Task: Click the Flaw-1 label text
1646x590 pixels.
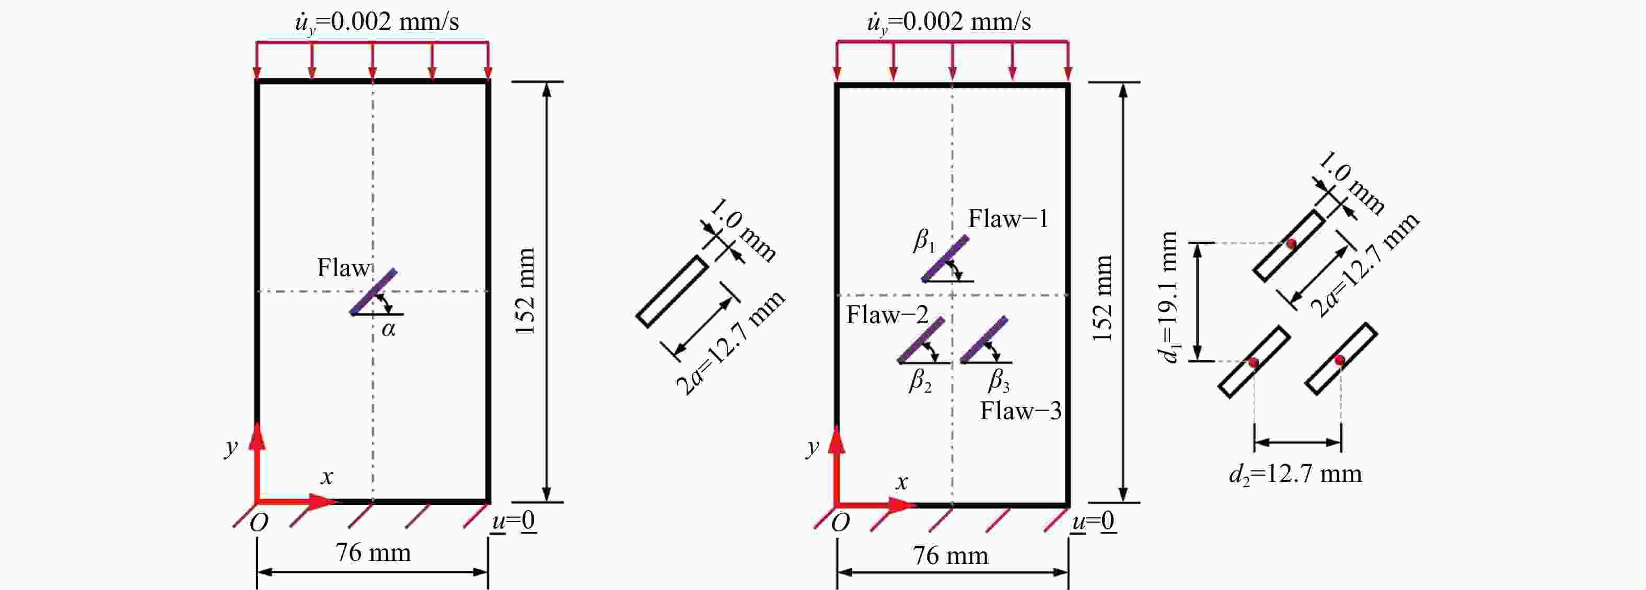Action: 1007,219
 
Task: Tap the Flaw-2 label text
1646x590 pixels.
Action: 887,315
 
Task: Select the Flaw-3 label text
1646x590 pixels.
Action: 1021,410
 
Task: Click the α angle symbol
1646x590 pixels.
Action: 388,329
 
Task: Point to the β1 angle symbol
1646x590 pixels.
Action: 924,241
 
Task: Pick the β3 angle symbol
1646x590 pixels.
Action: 999,381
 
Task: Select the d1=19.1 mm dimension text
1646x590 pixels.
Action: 1169,297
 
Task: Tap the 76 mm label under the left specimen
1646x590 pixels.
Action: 373,552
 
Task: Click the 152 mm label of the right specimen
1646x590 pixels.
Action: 1102,298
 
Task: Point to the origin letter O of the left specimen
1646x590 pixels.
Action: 258,523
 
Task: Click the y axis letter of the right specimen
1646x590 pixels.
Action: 812,447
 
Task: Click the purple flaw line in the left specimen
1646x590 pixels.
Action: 373,292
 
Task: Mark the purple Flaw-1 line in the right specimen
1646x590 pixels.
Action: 945,258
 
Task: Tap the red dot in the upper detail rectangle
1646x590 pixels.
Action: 1291,243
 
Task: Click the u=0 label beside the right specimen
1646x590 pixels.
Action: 1094,522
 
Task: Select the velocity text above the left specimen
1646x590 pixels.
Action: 377,22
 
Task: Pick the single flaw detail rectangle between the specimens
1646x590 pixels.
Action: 672,291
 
